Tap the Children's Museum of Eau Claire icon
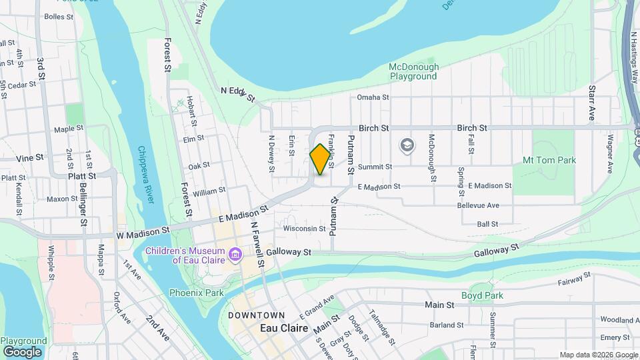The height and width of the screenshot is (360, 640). pyautogui.click(x=235, y=255)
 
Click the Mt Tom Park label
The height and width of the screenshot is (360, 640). pyautogui.click(x=549, y=160)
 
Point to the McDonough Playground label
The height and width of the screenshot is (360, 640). pyautogui.click(x=414, y=71)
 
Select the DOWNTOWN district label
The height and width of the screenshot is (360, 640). pyautogui.click(x=256, y=315)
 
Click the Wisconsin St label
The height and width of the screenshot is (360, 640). pyautogui.click(x=304, y=229)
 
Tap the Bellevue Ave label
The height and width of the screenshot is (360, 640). pyautogui.click(x=478, y=205)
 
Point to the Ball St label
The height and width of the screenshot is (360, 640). pyautogui.click(x=487, y=224)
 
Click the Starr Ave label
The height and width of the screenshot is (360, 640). pyautogui.click(x=591, y=104)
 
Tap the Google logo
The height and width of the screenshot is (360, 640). pyautogui.click(x=22, y=351)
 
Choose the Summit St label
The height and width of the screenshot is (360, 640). pyautogui.click(x=375, y=167)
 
